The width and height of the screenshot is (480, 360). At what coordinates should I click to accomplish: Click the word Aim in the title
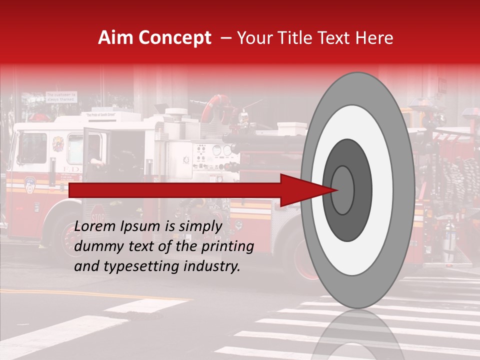coord(116,38)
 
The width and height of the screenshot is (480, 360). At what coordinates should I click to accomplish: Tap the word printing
coord(226,246)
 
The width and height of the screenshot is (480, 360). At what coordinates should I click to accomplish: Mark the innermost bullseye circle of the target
coord(342,190)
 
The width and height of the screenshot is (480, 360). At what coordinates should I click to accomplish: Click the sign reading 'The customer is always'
coord(61,96)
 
